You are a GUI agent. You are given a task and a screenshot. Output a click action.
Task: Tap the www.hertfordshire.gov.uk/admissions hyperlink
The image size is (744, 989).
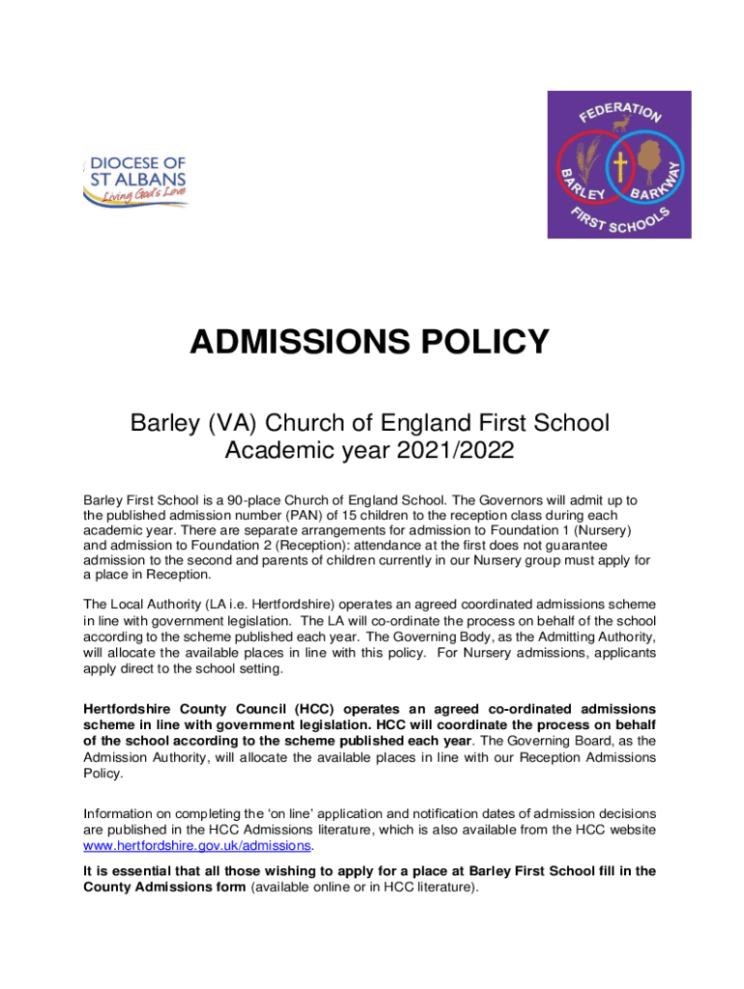click(x=198, y=846)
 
